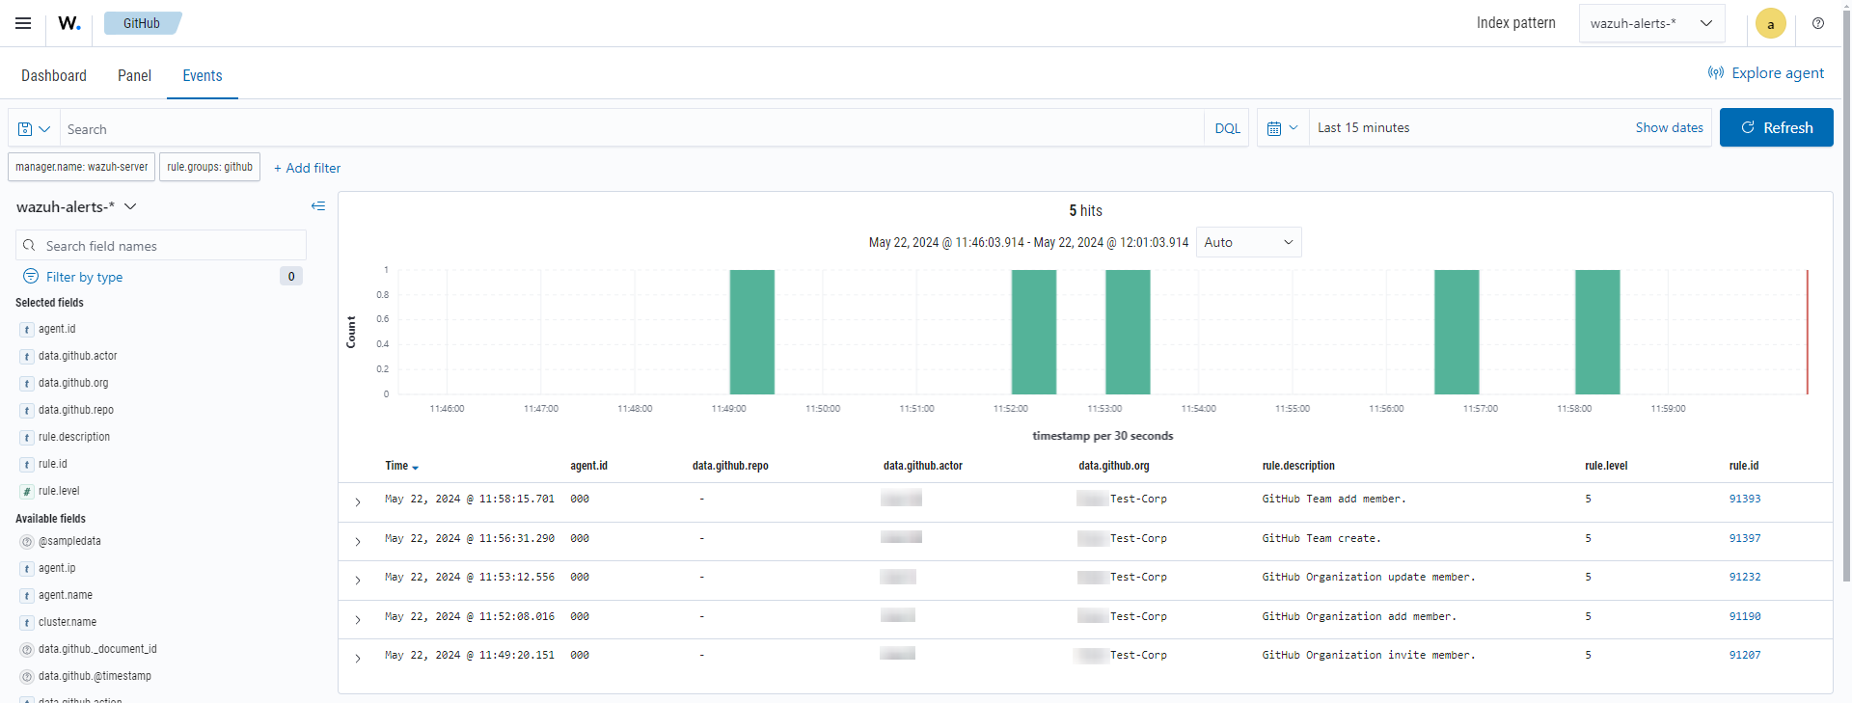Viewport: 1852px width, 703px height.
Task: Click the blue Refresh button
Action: [1776, 127]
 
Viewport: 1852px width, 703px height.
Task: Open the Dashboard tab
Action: [54, 75]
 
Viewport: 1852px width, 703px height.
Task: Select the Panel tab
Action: [134, 75]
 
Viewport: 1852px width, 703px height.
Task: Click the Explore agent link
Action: [1766, 73]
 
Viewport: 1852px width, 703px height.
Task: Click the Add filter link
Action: [307, 168]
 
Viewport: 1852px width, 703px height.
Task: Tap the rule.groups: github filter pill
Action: [209, 167]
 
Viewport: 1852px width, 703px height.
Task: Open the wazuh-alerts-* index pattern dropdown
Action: [1650, 23]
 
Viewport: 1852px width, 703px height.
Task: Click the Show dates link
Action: [1669, 127]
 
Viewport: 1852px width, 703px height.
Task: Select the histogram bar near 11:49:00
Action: [751, 332]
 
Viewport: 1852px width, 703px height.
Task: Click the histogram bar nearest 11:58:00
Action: [1597, 332]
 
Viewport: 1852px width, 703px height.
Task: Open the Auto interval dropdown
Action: [1248, 242]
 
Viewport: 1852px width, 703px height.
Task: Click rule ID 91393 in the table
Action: [1744, 499]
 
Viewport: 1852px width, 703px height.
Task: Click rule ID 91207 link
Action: [1744, 655]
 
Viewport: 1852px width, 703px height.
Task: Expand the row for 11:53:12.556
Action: [358, 580]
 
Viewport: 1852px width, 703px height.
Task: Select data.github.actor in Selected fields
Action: [77, 356]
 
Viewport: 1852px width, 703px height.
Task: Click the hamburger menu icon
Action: [23, 23]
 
